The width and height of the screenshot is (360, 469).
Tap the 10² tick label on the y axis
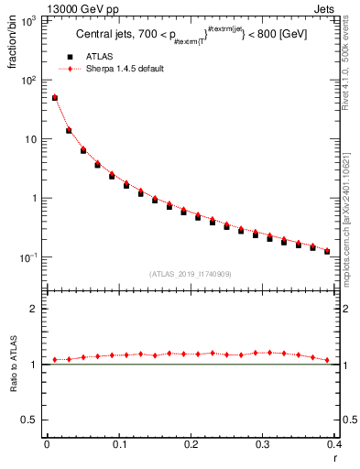pyautogui.click(x=29, y=81)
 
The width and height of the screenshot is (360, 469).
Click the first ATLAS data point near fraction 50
pyautogui.click(x=54, y=98)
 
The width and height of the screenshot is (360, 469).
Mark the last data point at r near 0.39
pyautogui.click(x=327, y=251)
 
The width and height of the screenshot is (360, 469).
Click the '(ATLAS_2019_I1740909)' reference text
pyautogui.click(x=190, y=274)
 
